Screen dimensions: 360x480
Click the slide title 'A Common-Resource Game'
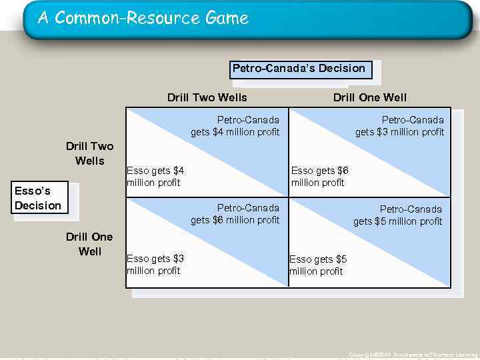pyautogui.click(x=143, y=18)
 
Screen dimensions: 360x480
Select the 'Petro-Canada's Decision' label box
pyautogui.click(x=299, y=69)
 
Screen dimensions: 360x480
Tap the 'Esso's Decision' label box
pyautogui.click(x=38, y=199)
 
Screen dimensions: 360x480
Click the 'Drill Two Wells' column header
pyautogui.click(x=207, y=98)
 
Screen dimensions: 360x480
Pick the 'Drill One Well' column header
pyautogui.click(x=369, y=98)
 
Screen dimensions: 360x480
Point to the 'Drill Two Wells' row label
pyautogui.click(x=89, y=153)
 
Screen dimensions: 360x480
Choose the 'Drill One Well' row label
pyautogui.click(x=89, y=244)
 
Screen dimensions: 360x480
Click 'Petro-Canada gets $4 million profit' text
pyautogui.click(x=235, y=126)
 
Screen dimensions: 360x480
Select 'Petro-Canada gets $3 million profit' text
pyautogui.click(x=399, y=126)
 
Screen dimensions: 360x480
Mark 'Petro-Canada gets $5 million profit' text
pyautogui.click(x=398, y=215)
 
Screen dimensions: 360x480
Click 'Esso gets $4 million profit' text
pyautogui.click(x=155, y=177)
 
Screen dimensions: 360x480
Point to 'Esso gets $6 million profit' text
pyautogui.click(x=320, y=177)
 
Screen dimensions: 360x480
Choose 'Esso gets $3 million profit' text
pyautogui.click(x=155, y=265)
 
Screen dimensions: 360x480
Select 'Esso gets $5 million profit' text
pyautogui.click(x=318, y=265)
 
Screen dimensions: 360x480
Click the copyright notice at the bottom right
pyautogui.click(x=413, y=355)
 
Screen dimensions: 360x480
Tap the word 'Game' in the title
pyautogui.click(x=227, y=18)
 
